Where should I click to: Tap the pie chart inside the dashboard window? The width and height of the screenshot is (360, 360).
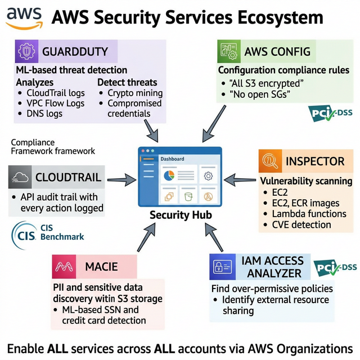tap(168, 175)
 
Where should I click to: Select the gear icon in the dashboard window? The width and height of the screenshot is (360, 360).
tap(207, 175)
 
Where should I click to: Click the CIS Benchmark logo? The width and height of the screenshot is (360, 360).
tap(47, 232)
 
